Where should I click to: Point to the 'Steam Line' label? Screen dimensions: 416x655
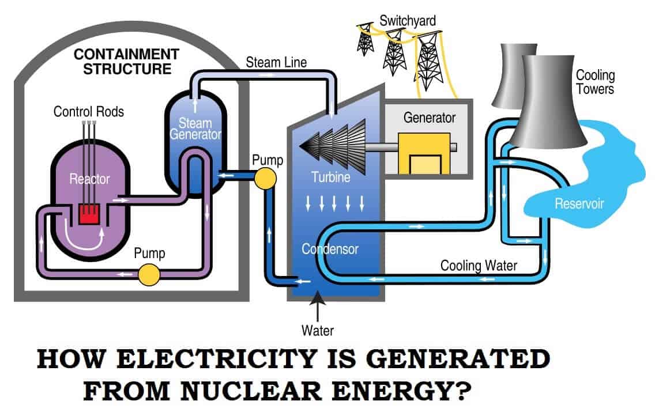[x=276, y=61]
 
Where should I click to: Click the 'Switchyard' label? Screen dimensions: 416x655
[x=407, y=21]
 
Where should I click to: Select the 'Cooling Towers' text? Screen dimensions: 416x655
[x=595, y=82]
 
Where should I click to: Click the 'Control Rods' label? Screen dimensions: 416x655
[x=88, y=111]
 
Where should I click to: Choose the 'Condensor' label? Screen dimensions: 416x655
[x=330, y=249]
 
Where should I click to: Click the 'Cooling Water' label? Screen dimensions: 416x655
[x=479, y=266]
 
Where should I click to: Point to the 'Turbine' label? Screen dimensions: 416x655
[x=330, y=177]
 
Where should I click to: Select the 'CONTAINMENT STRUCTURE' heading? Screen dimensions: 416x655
[x=127, y=62]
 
